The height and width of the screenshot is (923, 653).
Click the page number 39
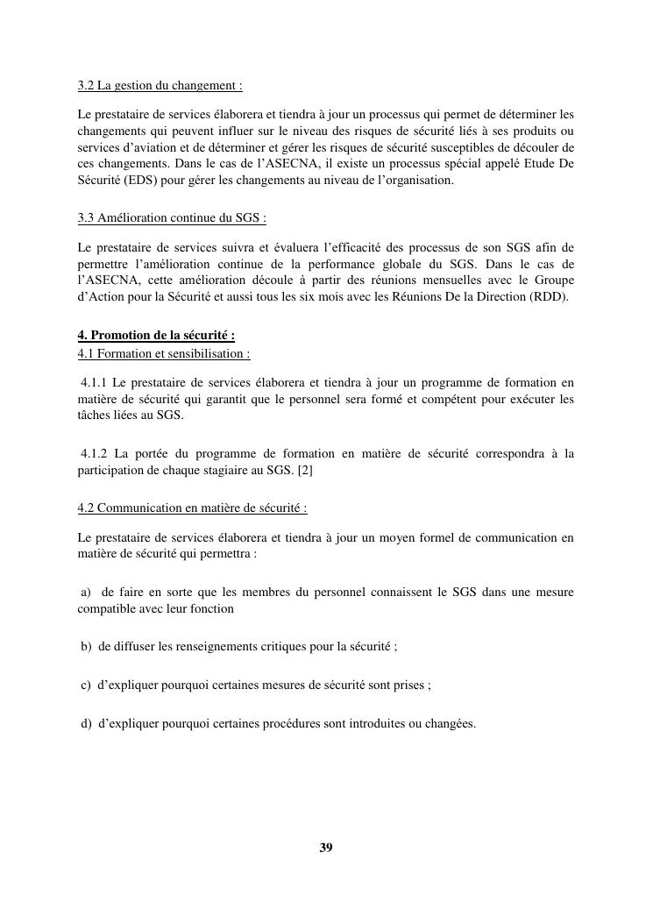pyautogui.click(x=326, y=847)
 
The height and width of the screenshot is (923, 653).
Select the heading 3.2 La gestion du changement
pyautogui.click(x=160, y=86)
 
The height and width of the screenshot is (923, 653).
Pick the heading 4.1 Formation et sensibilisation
pyautogui.click(x=164, y=353)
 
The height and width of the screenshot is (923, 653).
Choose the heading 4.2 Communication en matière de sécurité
pyautogui.click(x=192, y=508)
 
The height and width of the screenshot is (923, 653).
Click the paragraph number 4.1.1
pyautogui.click(x=93, y=382)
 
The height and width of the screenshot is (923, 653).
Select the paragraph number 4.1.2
pyautogui.click(x=94, y=453)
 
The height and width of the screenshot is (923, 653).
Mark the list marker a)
pyautogui.click(x=86, y=593)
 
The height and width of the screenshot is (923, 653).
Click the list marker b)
pyautogui.click(x=86, y=647)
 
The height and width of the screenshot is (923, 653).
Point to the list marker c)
pyautogui.click(x=86, y=685)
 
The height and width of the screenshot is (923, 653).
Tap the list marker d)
pyautogui.click(x=86, y=724)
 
